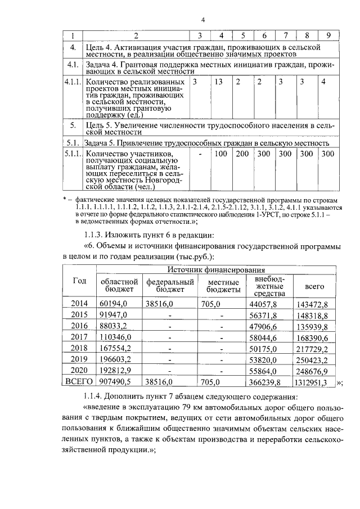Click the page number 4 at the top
coord(202,21)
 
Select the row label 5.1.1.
coord(72,154)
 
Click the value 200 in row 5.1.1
coord(242,154)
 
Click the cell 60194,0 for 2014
coord(114,303)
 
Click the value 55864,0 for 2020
coord(268,371)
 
